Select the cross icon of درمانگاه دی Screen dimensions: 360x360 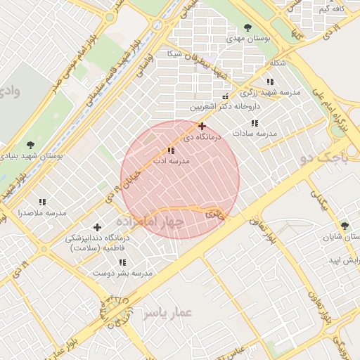point(202,127)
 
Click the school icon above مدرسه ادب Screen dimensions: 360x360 point(171,150)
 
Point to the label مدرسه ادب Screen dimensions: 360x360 point(169,161)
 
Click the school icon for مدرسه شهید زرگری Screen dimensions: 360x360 point(270,82)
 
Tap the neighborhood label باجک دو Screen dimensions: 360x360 point(323,160)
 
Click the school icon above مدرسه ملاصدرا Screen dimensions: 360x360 point(42,202)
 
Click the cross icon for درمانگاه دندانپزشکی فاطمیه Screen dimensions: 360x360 point(97,227)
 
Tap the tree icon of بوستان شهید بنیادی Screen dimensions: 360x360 point(29,145)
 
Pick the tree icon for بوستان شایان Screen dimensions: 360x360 point(345,226)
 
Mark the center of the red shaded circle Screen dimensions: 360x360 point(180,179)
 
